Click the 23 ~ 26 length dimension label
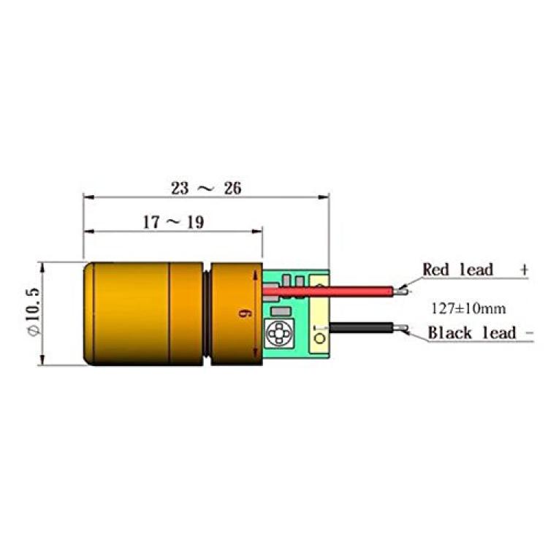tap(206, 188)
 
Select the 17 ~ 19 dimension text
tap(174, 222)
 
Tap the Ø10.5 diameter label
tap(34, 312)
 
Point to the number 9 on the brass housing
tap(244, 314)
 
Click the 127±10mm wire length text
tap(468, 308)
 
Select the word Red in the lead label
tap(435, 270)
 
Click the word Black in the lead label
tap(449, 332)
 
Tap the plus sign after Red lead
tap(524, 270)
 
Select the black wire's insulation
tap(362, 328)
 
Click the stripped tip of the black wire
tap(400, 328)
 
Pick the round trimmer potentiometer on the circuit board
tap(278, 332)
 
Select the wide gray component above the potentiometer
tap(281, 311)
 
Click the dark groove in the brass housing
tap(208, 314)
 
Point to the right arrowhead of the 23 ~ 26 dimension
tap(324, 197)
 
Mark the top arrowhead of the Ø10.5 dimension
tap(42, 267)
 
